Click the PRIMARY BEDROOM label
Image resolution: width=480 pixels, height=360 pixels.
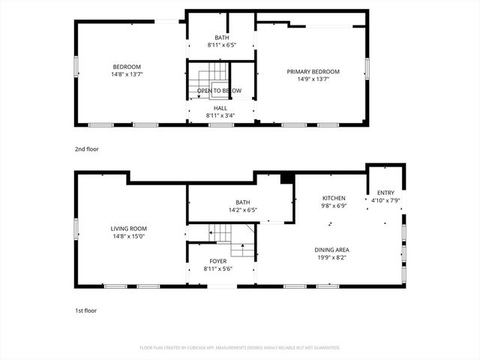(313, 72)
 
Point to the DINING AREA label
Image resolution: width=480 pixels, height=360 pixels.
(332, 250)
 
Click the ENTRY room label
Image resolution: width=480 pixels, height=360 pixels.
(385, 193)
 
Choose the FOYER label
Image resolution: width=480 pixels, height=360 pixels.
(218, 262)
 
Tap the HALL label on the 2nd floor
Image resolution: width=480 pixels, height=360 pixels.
(220, 108)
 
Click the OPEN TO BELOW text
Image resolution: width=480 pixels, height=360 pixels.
(219, 91)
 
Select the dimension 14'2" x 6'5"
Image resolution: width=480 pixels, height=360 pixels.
(242, 210)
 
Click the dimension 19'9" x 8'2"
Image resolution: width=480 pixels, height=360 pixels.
(332, 257)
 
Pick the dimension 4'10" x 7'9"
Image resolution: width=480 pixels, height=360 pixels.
(385, 200)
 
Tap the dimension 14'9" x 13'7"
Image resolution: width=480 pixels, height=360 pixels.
(313, 79)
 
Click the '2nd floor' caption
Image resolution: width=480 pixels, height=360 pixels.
(86, 149)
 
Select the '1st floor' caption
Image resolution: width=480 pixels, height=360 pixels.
(85, 310)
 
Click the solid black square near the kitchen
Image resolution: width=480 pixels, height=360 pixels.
(286, 178)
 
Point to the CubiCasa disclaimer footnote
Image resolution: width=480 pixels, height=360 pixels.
(240, 348)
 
